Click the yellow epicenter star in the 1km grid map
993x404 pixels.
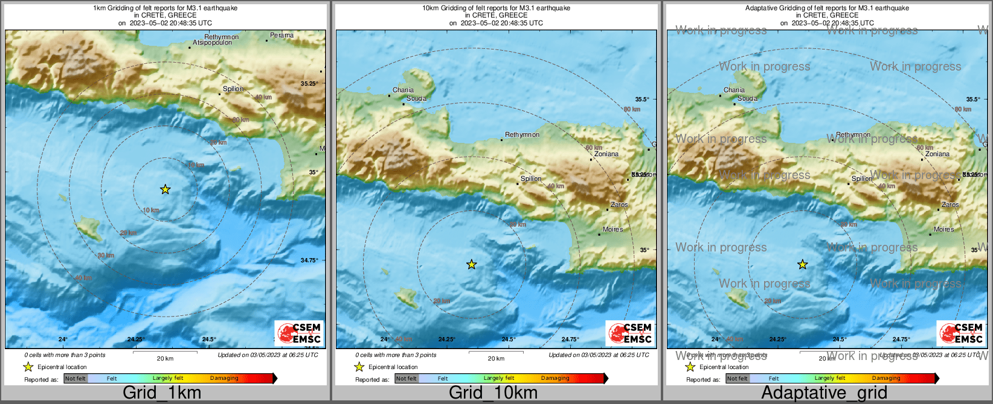(165, 189)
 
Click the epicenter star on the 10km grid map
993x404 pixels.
(472, 264)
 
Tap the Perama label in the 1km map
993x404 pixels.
(281, 36)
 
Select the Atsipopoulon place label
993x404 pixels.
(212, 43)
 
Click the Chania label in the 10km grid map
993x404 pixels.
(403, 90)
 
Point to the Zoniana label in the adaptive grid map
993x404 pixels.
(937, 154)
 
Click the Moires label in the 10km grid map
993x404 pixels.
(612, 229)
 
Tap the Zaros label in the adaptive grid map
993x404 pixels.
(950, 204)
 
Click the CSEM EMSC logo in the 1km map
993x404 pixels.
(300, 333)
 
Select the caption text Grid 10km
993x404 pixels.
(493, 393)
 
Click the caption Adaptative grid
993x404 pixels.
(824, 393)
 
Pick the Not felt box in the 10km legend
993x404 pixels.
(407, 379)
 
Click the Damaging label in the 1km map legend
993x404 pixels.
(224, 378)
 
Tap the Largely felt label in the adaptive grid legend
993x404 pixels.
(829, 378)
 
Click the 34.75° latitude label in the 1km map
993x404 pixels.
(309, 260)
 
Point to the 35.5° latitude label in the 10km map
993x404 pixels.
(642, 99)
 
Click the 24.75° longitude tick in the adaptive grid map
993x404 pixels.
(901, 339)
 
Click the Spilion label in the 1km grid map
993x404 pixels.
(233, 89)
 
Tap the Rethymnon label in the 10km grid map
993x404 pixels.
(522, 134)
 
